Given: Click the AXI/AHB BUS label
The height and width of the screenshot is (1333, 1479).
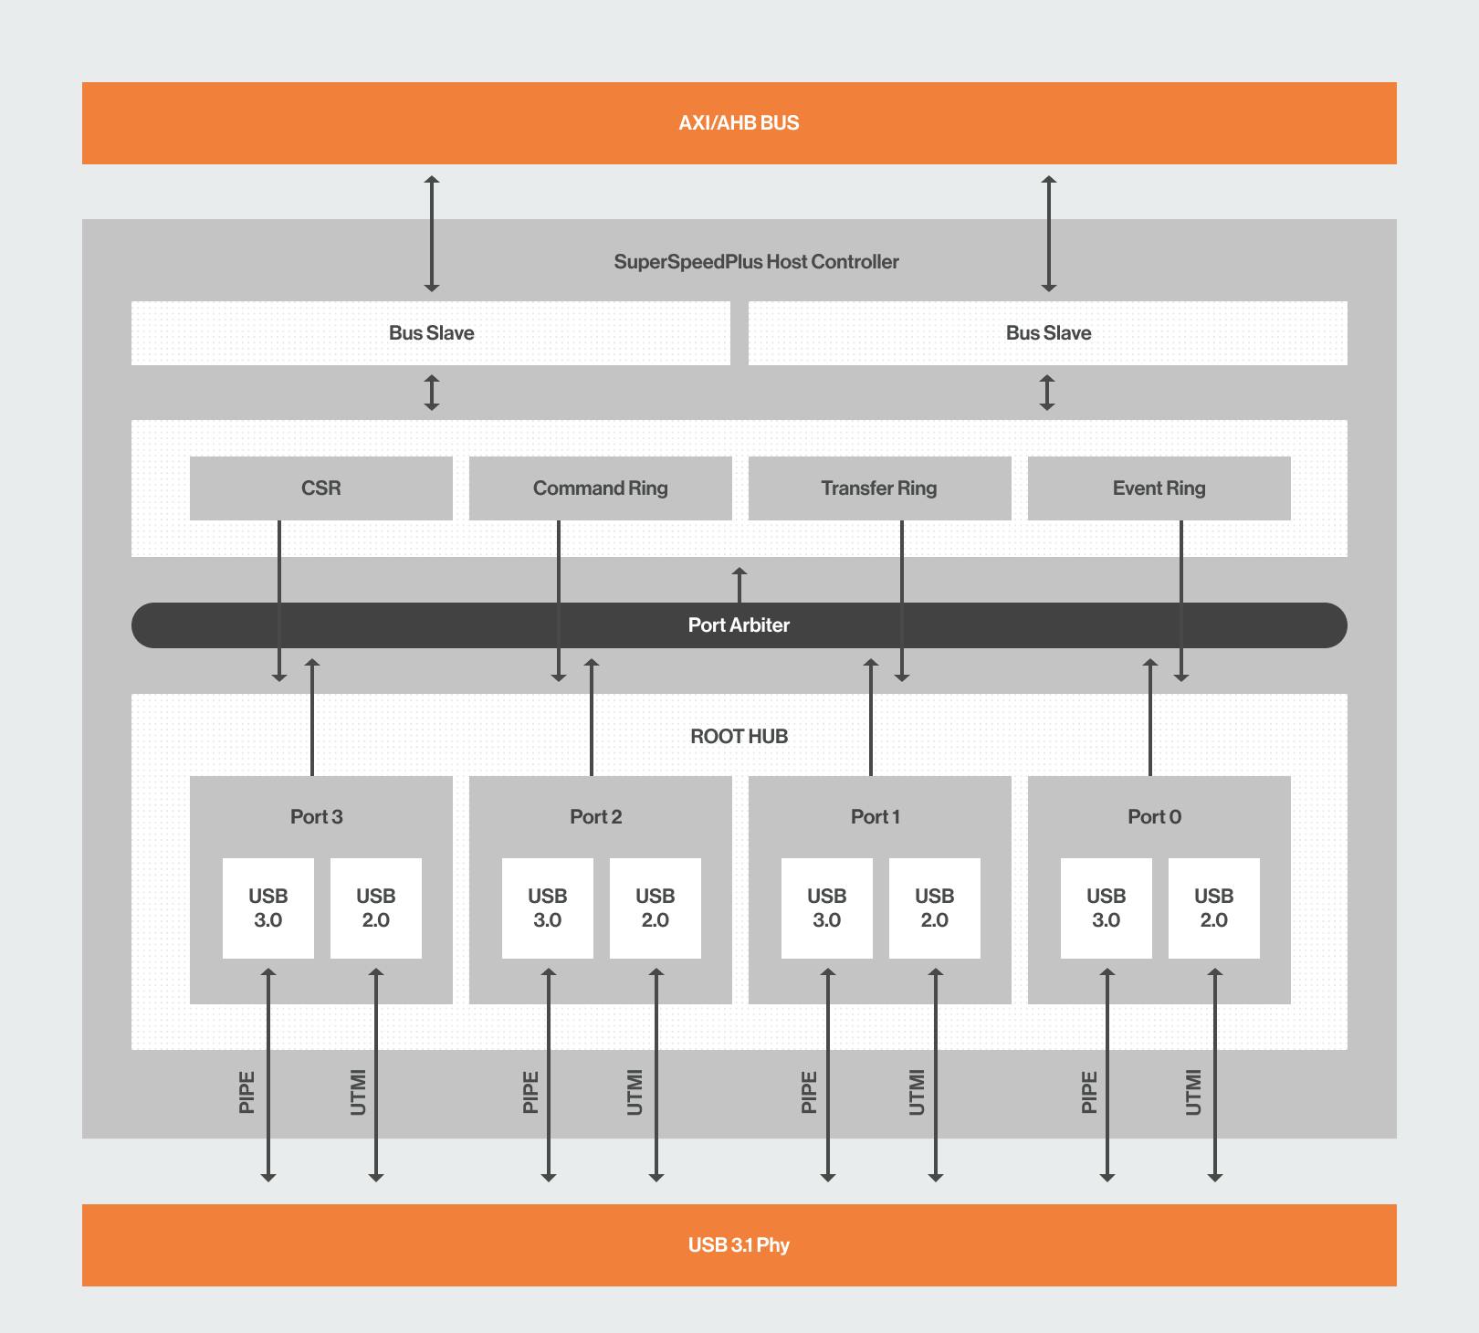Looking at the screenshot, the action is tap(739, 123).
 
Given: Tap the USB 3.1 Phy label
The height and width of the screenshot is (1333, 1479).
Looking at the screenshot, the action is tap(739, 1245).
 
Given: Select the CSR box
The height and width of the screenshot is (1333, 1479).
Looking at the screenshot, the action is tap(321, 488).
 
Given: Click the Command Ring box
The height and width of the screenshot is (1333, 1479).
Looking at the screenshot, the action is tap(601, 488).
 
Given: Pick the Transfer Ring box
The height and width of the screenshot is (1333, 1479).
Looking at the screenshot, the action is tap(880, 488).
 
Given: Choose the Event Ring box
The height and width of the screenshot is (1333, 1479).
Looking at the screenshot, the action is tap(1159, 488).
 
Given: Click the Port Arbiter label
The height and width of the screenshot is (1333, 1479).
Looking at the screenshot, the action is tap(739, 625).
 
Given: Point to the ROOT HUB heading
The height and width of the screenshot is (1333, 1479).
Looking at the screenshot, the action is tap(739, 737).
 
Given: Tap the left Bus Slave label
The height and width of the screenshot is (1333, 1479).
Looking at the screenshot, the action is tap(431, 333).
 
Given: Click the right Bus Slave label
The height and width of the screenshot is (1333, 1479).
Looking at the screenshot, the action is tap(1048, 333).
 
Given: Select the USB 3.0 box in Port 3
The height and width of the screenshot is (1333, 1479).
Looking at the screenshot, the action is tap(268, 908).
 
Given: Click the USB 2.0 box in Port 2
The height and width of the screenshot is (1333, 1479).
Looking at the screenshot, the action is tap(656, 908).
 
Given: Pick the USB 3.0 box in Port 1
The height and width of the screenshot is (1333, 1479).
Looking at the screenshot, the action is tap(827, 908).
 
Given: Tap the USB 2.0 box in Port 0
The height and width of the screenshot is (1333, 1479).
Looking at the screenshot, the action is tap(1214, 908).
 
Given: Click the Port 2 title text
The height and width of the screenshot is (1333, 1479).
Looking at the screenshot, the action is tap(596, 817).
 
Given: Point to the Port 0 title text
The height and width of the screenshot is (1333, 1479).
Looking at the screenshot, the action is tap(1155, 817).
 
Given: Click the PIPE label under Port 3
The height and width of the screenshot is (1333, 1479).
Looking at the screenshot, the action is tap(246, 1093).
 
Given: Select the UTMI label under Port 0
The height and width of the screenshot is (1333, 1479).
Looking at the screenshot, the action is tap(1193, 1093).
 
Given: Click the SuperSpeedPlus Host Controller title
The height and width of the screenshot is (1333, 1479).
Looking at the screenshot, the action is tap(756, 262).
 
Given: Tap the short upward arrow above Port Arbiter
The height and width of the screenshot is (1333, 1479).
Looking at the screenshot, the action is tap(739, 585).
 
